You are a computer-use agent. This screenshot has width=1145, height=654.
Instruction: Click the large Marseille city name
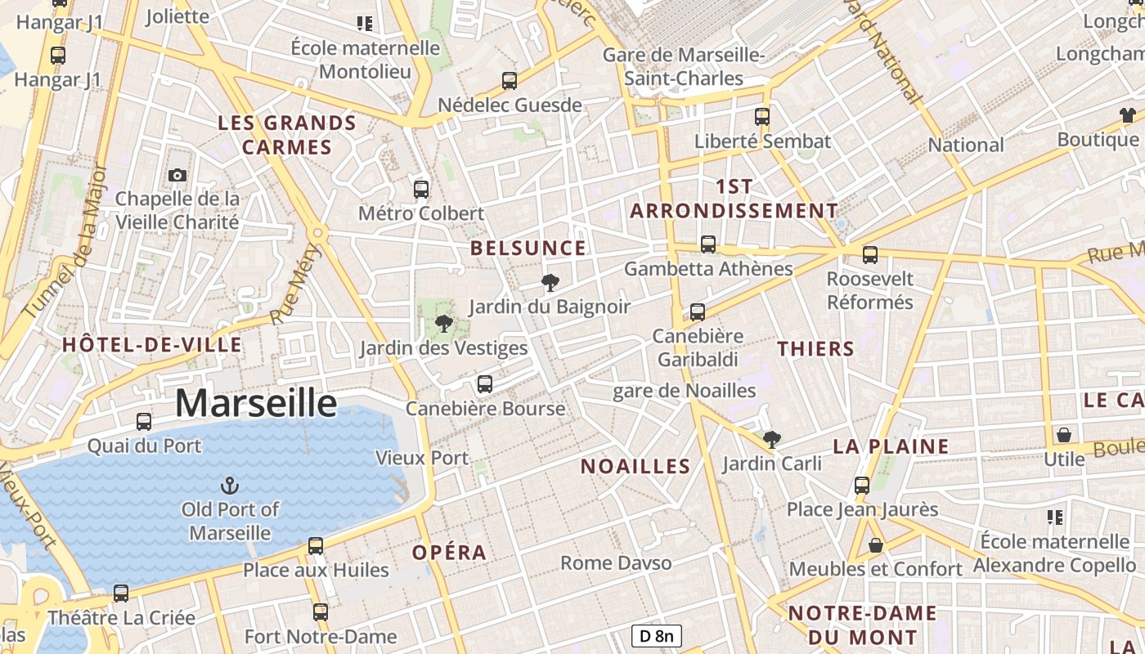(256, 403)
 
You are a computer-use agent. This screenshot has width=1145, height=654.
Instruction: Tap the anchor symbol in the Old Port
(231, 486)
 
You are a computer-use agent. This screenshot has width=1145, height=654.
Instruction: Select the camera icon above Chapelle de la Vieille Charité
(177, 175)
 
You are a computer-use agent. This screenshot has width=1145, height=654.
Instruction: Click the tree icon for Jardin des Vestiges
(444, 324)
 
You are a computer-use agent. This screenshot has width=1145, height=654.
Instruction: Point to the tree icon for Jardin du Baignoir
(550, 283)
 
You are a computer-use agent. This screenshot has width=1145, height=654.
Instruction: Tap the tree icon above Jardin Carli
(771, 440)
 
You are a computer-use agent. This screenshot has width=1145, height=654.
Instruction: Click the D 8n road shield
(657, 636)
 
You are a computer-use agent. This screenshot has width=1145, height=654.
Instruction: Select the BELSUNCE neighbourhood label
(528, 248)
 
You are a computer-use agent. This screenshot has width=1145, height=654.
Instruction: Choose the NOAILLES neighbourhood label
(635, 466)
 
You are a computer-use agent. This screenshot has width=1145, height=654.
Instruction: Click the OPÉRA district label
(449, 552)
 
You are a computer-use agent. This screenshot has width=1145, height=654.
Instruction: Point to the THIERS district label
(815, 349)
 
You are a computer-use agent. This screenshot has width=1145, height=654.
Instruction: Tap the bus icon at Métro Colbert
(421, 190)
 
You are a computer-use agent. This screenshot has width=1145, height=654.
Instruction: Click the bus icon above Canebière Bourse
(485, 384)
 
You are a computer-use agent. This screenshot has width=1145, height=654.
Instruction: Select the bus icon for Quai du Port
(144, 422)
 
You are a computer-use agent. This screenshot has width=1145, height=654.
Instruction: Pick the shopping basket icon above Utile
(1064, 435)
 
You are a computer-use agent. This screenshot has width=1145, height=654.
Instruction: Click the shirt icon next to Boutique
(1128, 115)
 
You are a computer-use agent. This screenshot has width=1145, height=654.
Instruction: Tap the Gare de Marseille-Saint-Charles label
(684, 67)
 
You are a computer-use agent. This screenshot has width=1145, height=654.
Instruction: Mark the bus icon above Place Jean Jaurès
(862, 485)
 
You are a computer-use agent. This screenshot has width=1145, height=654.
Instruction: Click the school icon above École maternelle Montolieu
(365, 24)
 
